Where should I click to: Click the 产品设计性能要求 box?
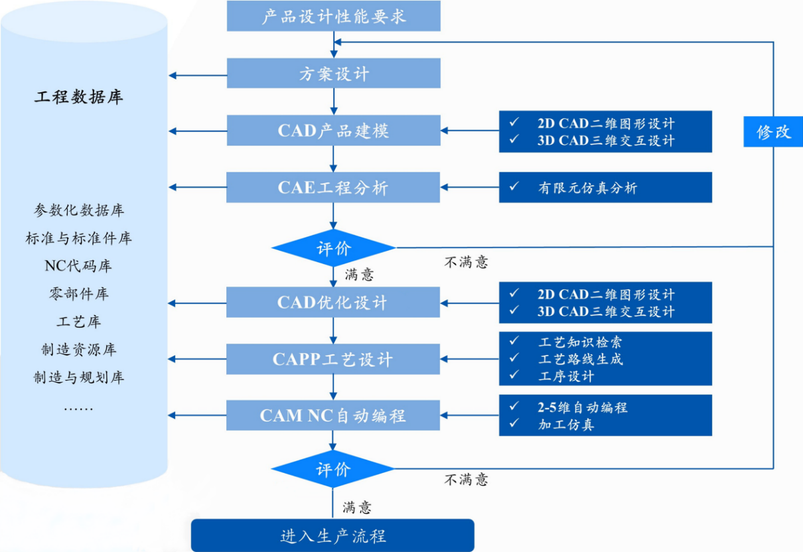click(x=333, y=16)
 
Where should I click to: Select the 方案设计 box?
click(x=333, y=74)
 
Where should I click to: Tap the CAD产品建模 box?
click(x=333, y=131)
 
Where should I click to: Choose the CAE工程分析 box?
click(x=333, y=188)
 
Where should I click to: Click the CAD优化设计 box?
click(x=333, y=303)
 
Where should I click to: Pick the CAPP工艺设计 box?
click(x=333, y=360)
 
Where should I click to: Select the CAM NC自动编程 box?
click(x=333, y=416)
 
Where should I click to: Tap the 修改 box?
click(x=773, y=131)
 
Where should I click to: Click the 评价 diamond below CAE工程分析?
click(x=333, y=249)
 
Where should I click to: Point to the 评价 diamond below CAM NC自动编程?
click(x=333, y=470)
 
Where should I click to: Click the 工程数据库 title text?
click(x=79, y=98)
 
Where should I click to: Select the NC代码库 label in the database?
click(x=78, y=266)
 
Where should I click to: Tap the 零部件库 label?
click(x=78, y=294)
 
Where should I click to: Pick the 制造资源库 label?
click(x=78, y=350)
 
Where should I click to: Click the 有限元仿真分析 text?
click(x=587, y=188)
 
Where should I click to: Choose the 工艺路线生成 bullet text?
click(x=580, y=359)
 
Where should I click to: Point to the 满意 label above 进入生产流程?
click(x=357, y=508)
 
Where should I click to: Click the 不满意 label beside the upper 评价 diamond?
click(x=466, y=262)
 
